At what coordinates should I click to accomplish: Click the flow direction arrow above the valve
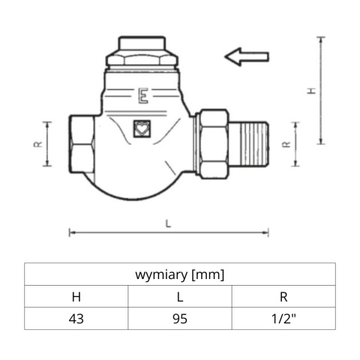click(x=247, y=56)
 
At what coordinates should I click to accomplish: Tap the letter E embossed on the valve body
click(x=142, y=96)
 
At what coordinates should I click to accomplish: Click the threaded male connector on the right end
click(x=250, y=142)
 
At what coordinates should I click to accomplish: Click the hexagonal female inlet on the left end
click(x=80, y=142)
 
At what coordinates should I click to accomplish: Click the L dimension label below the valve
click(x=168, y=223)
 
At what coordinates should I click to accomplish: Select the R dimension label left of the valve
click(x=37, y=144)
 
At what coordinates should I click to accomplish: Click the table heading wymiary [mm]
click(x=180, y=274)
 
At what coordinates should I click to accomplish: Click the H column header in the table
click(x=76, y=296)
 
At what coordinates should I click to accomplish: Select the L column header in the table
click(x=180, y=296)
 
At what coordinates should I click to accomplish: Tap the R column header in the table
click(x=283, y=296)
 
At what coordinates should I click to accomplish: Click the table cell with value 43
click(x=76, y=318)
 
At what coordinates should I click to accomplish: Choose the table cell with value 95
click(x=180, y=318)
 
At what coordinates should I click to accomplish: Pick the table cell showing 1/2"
click(x=283, y=318)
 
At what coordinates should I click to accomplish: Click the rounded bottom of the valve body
click(x=139, y=187)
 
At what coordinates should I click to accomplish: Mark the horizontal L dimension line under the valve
click(x=120, y=232)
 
